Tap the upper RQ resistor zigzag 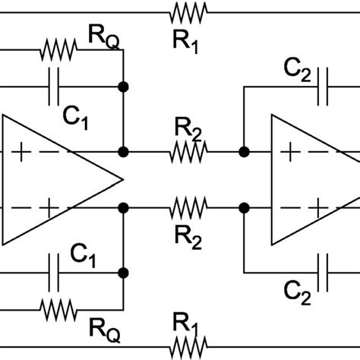(x=58, y=52)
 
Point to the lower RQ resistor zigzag (x=58, y=308)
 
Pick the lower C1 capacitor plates (x=54, y=271)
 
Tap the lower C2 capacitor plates (x=324, y=270)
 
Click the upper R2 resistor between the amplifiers (x=188, y=152)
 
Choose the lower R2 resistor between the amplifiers (x=188, y=207)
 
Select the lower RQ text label (x=106, y=328)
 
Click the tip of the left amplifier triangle (x=122, y=179)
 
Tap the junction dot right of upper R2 (x=244, y=152)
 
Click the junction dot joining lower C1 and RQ (x=122, y=271)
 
